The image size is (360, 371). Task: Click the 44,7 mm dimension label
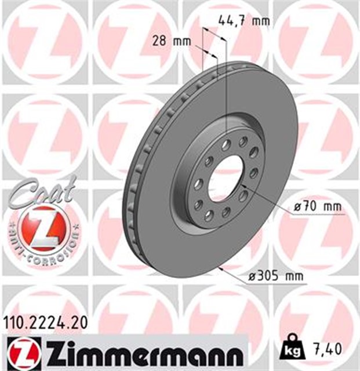(x=244, y=21)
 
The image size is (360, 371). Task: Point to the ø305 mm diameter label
(x=275, y=277)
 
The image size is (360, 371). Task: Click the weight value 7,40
(x=328, y=350)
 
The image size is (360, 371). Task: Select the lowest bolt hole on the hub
(x=208, y=216)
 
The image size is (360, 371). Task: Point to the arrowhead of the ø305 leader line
(x=224, y=268)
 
